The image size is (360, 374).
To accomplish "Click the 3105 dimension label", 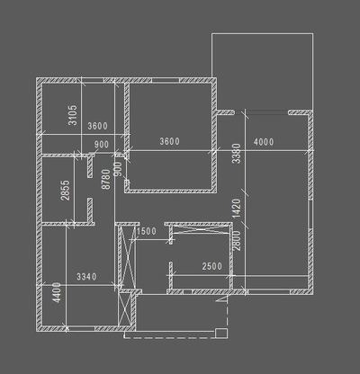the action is pos(73,115).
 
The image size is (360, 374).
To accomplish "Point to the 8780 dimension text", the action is pos(106,179).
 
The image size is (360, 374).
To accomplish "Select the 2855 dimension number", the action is pos(66,190).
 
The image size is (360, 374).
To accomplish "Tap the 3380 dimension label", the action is pos(237,154).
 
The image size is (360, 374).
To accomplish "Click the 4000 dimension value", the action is pos(264,141).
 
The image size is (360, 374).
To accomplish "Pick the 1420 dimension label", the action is pos(237,209).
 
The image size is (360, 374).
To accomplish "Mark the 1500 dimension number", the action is pos(147,231).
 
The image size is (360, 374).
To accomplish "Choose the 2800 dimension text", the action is pos(237,241).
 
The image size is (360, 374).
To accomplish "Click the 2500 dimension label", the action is pos(212,266).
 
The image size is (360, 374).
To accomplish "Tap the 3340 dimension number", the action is pos(86,276).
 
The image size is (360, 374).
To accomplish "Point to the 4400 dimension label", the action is pos(57,292).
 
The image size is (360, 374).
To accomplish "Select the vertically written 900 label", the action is pos(119,169).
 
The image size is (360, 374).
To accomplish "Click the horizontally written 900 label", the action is pos(102,144).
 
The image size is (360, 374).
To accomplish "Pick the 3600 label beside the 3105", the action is pos(97,126).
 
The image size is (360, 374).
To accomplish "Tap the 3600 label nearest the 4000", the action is pos(169,141).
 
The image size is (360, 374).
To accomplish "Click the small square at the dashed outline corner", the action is pos(221,333).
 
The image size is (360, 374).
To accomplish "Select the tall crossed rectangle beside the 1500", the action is pos(127,255).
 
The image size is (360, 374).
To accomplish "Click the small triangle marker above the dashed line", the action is pos(222,299).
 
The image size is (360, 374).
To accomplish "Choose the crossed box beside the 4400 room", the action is pos(124,307).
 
